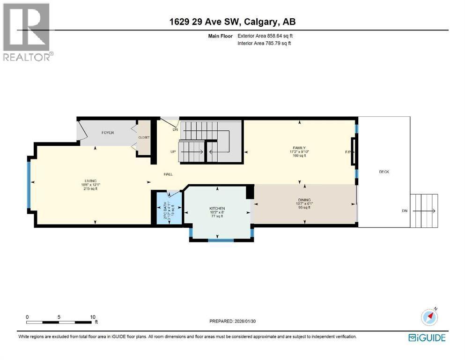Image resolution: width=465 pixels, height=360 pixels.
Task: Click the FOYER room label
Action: coord(108,133)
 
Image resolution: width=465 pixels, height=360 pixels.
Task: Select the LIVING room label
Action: coord(90,180)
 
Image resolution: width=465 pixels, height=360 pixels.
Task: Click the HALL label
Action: coord(168,174)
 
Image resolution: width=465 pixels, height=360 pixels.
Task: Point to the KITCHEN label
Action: coord(217,208)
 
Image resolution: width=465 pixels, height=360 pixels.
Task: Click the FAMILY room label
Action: coord(300,148)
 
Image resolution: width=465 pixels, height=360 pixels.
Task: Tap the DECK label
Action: coord(384,172)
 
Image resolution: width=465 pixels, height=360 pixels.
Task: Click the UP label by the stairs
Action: coord(173,151)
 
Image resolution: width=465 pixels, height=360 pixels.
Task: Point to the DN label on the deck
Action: coord(405,211)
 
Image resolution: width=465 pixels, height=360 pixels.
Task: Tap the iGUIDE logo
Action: coord(427,337)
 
